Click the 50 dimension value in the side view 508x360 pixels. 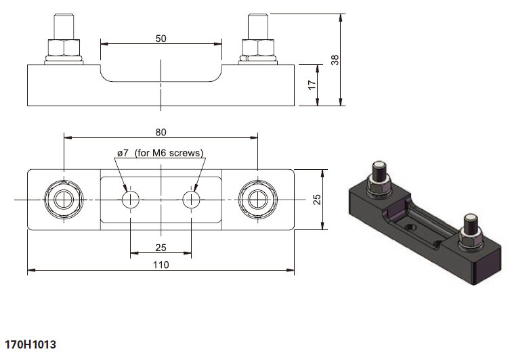coord(161,39)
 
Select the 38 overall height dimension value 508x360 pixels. coord(335,60)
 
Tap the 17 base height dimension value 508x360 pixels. coord(312,85)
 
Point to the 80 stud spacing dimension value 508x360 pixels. coord(161,133)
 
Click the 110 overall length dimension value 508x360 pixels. coord(161,265)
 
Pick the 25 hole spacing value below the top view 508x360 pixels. coord(161,248)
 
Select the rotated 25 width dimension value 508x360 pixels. coord(317,200)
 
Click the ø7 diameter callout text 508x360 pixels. coord(123,153)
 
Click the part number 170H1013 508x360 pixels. coord(30,344)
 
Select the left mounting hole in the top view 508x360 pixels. coord(131,200)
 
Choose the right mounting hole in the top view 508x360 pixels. coord(191,200)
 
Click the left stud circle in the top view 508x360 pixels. coord(64,200)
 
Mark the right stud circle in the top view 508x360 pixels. coord(258,200)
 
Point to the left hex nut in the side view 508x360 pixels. coord(64,47)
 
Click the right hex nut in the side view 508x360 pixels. coord(258,47)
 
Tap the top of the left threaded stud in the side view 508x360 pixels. coord(64,15)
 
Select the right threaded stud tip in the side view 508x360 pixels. coord(258,15)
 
